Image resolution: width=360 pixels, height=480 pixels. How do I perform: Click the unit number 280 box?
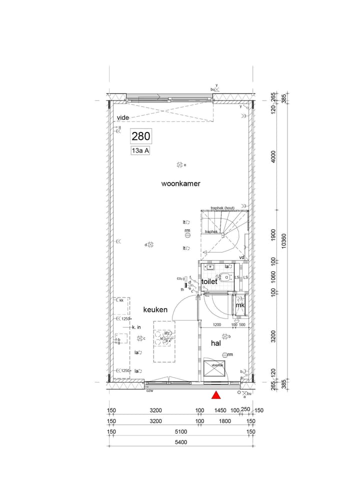pos(140,135)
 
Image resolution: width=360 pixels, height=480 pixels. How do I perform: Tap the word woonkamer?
pos(180,184)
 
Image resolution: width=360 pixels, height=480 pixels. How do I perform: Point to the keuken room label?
pos(155,310)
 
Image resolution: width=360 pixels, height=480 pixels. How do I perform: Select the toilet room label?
pos(209,282)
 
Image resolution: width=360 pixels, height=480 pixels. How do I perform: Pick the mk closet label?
pos(240,305)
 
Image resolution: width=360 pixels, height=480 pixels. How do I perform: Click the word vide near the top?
pos(122,117)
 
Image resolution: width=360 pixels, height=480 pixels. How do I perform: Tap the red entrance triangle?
pos(216,395)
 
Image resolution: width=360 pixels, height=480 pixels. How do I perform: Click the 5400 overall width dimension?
pos(180,442)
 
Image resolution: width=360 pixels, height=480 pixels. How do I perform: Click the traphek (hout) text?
pos(222,208)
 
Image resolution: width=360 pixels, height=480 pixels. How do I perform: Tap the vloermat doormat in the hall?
pos(216,370)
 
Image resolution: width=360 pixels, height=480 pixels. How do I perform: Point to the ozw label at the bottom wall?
pos(149,390)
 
